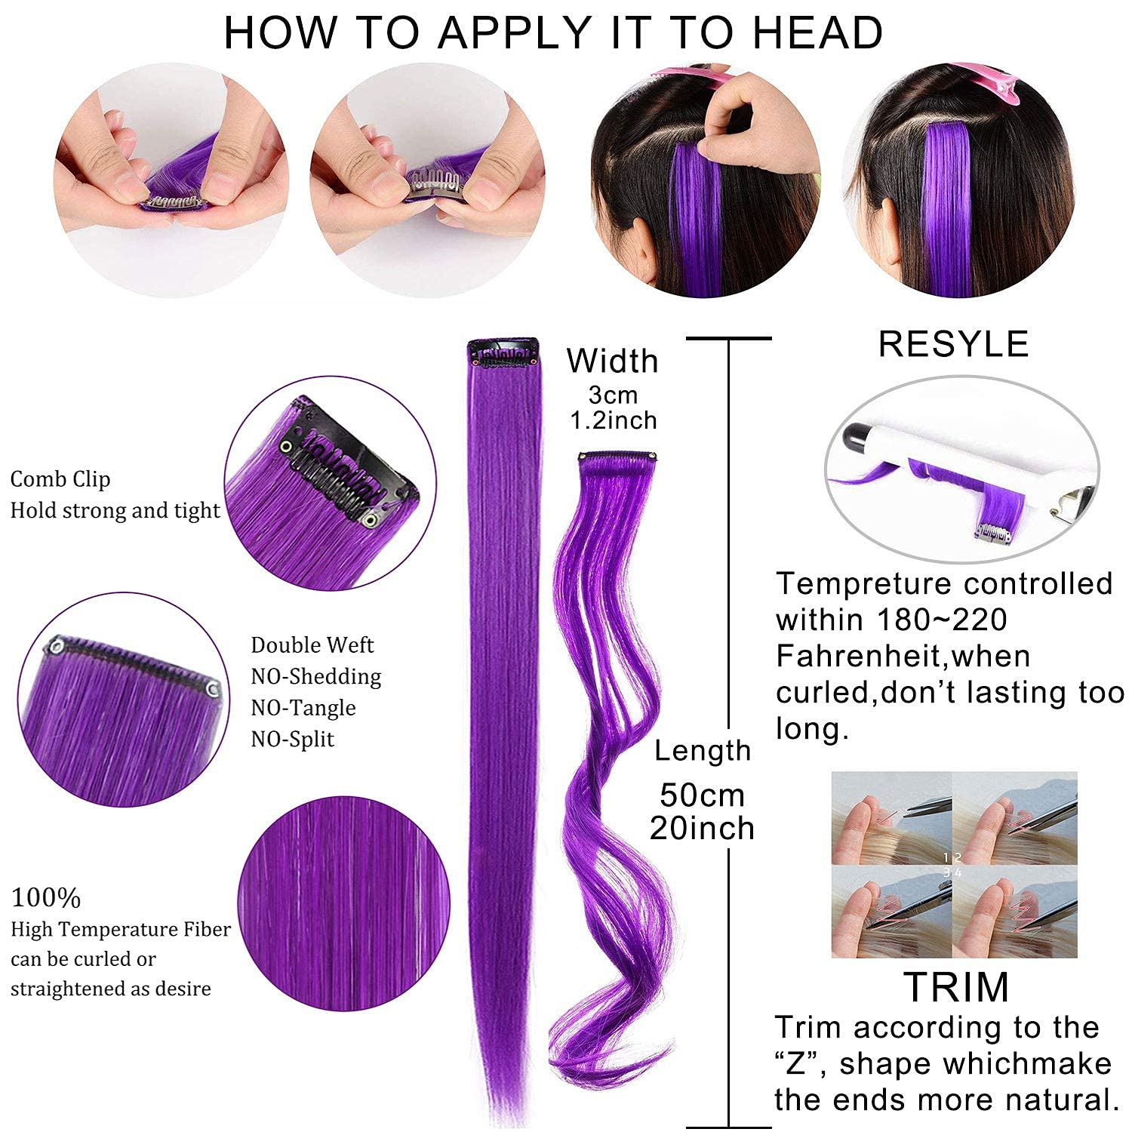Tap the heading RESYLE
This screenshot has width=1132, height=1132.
[x=954, y=344]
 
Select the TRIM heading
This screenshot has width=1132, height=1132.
[x=956, y=986]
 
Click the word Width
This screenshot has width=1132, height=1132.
[x=613, y=361]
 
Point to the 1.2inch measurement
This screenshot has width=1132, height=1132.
[x=614, y=420]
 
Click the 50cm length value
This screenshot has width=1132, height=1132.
[x=702, y=795]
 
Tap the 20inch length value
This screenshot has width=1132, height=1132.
[x=702, y=828]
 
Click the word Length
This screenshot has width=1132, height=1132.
[x=703, y=751]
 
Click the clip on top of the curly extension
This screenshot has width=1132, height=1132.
[x=617, y=457]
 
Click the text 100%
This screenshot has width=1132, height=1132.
[x=46, y=898]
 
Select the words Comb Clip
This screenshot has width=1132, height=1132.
[x=60, y=479]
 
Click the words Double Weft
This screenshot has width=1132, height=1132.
[x=312, y=645]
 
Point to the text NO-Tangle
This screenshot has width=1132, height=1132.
[x=303, y=708]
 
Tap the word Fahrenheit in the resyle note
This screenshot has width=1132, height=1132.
[x=860, y=656]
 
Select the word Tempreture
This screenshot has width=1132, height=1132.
[x=864, y=584]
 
